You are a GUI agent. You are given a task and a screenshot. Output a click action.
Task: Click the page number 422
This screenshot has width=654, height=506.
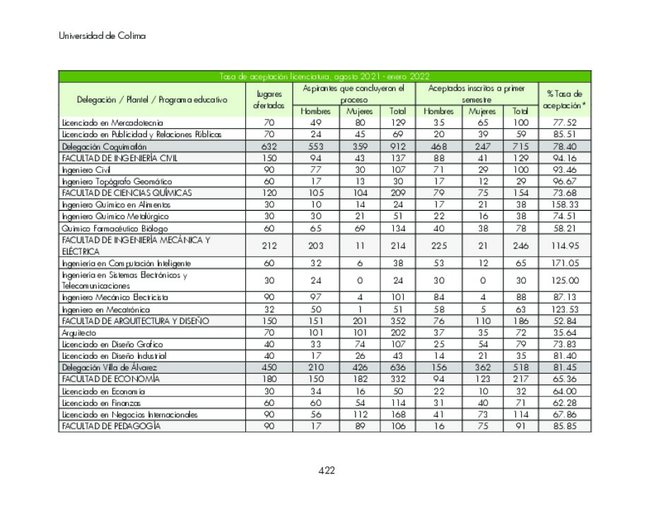pos(326,471)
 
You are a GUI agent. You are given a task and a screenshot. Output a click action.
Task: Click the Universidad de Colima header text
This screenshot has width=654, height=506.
pos(103,36)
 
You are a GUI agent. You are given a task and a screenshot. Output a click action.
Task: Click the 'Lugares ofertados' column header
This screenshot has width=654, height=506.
pos(269,100)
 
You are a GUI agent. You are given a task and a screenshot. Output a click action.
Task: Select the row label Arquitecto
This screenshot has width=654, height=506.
pos(78,333)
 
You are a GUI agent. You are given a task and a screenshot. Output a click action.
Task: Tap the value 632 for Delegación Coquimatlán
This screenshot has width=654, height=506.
pos(269,146)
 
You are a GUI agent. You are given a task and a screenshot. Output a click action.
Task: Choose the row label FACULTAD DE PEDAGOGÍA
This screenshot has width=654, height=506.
pos(111,426)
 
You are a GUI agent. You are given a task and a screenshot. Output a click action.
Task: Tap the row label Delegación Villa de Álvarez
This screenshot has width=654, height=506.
pos(109,368)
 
